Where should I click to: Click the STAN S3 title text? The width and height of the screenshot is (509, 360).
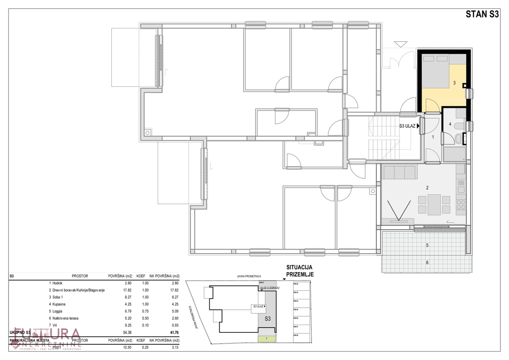482,14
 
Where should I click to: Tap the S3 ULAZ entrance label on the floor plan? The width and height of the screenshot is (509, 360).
408,126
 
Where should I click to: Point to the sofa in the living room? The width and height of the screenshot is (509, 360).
400,173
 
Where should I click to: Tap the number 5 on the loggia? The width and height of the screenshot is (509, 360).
427,245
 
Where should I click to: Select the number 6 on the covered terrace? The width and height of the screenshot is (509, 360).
427,263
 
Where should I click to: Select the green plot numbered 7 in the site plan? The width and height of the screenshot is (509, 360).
267,338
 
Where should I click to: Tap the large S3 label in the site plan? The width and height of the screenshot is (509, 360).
268,318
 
